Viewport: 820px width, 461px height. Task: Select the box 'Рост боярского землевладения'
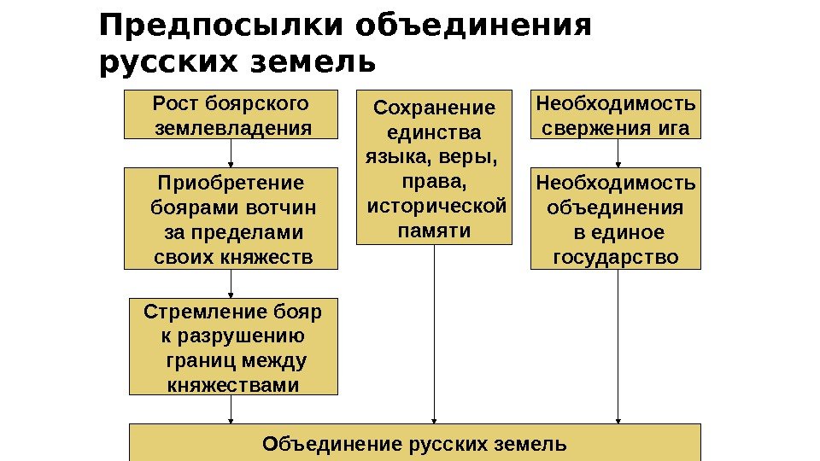[x=231, y=115]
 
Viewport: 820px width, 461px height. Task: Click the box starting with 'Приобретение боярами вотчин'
[x=231, y=219]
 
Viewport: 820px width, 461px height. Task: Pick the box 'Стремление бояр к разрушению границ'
[x=233, y=347]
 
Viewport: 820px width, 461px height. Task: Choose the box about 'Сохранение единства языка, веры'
[x=434, y=168]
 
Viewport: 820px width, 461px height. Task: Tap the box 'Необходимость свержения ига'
[x=616, y=115]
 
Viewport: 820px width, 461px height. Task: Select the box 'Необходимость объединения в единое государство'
[x=616, y=219]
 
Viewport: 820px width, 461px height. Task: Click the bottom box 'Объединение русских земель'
[x=414, y=444]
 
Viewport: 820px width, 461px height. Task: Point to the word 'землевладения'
[x=231, y=128]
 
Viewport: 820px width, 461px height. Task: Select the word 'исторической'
[x=436, y=206]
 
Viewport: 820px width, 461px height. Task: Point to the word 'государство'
[x=616, y=257]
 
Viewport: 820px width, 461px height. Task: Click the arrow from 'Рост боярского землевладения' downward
[x=231, y=154]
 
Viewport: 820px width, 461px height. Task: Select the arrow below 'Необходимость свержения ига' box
[x=618, y=154]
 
